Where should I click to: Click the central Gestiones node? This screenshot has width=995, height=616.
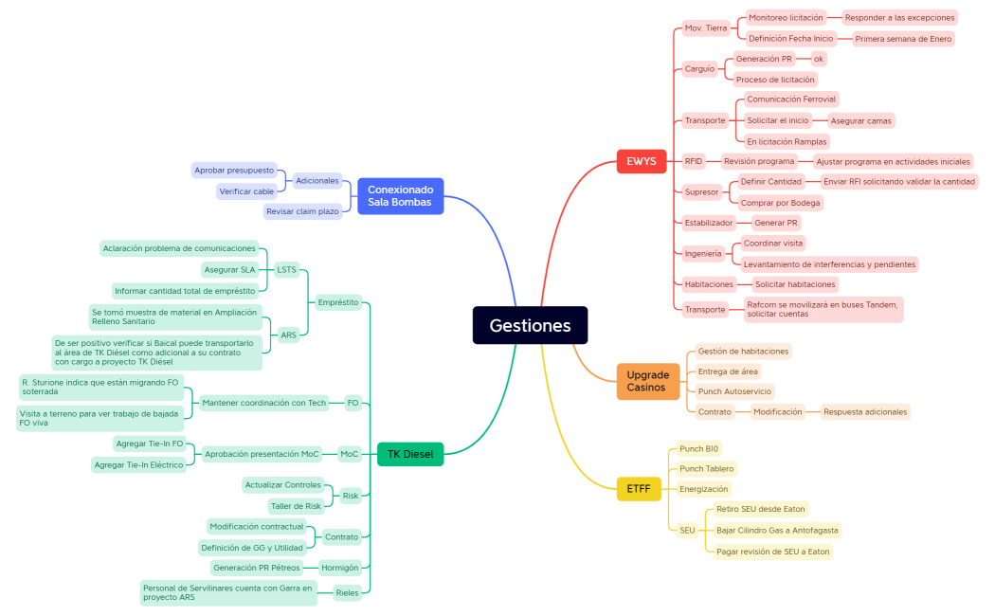530,325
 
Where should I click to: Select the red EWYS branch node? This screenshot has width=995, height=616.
641,161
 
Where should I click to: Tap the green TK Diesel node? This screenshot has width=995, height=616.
409,454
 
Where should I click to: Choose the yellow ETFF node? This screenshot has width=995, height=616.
638,489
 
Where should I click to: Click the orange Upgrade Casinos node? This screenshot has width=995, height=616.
647,381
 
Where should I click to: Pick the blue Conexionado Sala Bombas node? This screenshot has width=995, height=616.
400,195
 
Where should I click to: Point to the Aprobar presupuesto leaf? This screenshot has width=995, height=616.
234,171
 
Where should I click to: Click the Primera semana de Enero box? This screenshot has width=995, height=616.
903,39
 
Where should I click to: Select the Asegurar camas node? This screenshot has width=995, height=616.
859,120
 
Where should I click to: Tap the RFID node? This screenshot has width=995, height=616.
694,161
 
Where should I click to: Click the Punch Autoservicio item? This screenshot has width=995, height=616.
734,391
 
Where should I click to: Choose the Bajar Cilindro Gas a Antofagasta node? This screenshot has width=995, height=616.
777,530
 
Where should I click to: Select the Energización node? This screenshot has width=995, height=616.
703,489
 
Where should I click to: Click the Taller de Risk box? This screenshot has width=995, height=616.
296,506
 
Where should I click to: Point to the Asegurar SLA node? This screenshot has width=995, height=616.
229,269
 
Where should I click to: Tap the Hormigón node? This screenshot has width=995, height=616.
339,568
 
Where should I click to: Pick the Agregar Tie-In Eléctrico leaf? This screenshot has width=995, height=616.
139,464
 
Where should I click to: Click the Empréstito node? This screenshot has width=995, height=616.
338,302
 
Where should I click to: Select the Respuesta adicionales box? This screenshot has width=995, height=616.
865,411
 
